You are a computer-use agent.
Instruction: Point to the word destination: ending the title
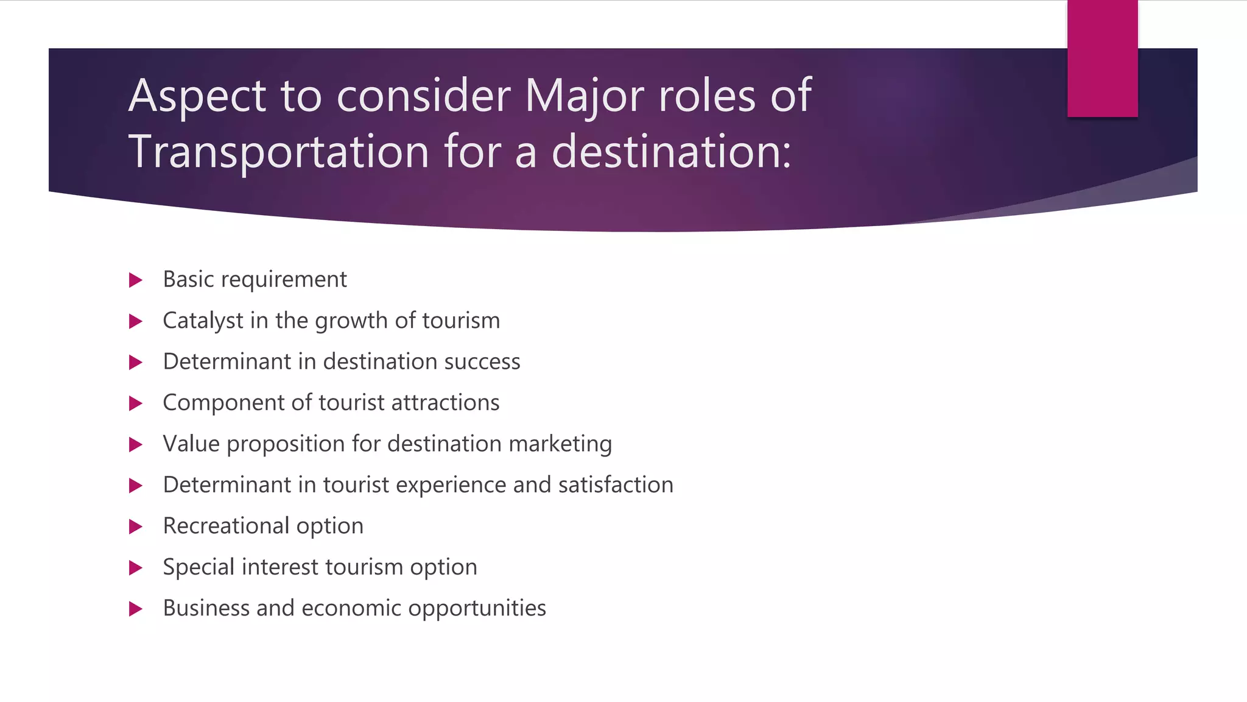pyautogui.click(x=671, y=152)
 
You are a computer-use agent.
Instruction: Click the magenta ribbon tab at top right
pyautogui.click(x=1102, y=58)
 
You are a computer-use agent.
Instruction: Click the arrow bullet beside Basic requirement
pyautogui.click(x=136, y=280)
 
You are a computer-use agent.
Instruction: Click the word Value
pyautogui.click(x=191, y=444)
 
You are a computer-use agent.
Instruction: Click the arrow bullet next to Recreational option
pyautogui.click(x=136, y=526)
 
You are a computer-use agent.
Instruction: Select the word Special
pyautogui.click(x=198, y=567)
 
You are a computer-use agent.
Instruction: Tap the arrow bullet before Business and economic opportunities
pyautogui.click(x=136, y=609)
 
